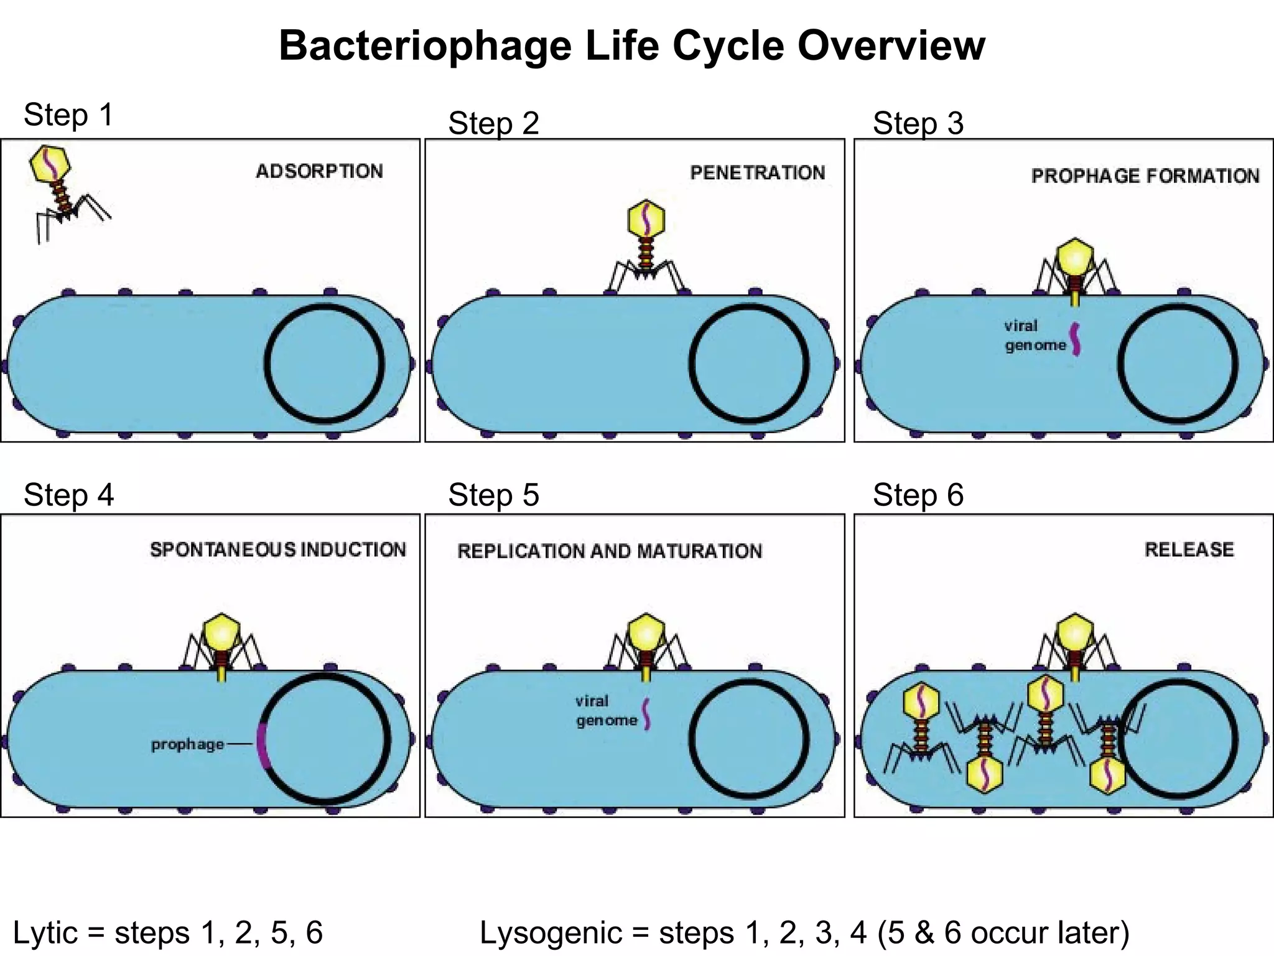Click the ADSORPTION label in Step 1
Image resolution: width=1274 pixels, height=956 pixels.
click(x=319, y=171)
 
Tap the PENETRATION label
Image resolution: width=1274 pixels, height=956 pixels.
click(x=757, y=172)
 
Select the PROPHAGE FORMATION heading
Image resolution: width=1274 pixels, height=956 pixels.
click(x=1145, y=176)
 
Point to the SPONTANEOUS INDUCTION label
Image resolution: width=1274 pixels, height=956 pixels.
click(x=277, y=550)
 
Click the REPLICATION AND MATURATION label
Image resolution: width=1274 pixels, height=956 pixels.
click(x=609, y=551)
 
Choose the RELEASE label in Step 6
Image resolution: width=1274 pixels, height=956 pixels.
click(x=1189, y=550)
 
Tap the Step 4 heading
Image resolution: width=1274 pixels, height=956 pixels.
click(x=68, y=495)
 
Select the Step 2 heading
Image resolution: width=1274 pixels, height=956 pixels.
click(x=493, y=123)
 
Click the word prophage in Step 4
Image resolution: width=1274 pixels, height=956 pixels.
click(x=187, y=744)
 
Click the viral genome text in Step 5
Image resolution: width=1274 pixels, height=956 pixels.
click(x=606, y=711)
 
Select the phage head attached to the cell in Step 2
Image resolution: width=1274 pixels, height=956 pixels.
click(x=646, y=219)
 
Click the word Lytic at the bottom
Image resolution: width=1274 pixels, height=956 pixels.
click(x=46, y=932)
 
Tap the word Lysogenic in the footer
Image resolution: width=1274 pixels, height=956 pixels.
click(x=551, y=932)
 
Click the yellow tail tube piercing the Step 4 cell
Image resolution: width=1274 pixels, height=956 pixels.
click(x=221, y=674)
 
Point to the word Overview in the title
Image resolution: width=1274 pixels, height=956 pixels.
click(x=891, y=45)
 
